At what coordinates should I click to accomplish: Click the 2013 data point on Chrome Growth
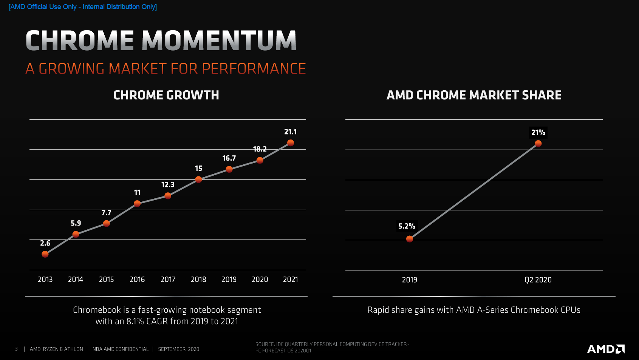(x=45, y=254)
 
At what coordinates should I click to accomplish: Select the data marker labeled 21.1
(x=290, y=143)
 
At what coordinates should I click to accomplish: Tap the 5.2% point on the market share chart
(x=409, y=239)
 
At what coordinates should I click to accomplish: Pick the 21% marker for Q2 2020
(x=538, y=144)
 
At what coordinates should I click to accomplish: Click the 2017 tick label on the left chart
(x=168, y=280)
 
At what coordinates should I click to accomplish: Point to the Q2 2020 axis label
(x=538, y=280)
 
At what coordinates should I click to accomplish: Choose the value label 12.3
(x=168, y=185)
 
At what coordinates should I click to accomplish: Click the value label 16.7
(x=229, y=158)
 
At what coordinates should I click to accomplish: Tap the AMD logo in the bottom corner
(x=605, y=349)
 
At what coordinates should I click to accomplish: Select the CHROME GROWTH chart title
(x=166, y=95)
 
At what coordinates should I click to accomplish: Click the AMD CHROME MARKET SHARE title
(x=474, y=95)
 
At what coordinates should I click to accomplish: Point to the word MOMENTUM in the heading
(x=219, y=41)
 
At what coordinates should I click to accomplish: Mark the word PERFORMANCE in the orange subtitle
(x=254, y=69)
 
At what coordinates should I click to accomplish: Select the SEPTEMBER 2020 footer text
(x=178, y=349)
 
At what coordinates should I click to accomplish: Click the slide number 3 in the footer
(x=16, y=349)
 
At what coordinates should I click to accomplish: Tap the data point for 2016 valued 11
(x=137, y=204)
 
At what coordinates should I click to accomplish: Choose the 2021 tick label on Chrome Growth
(x=290, y=280)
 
